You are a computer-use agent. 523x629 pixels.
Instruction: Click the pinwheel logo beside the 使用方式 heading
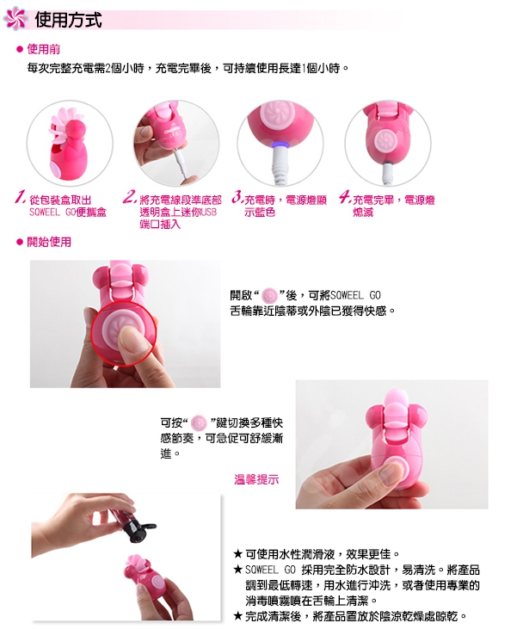pyautogui.click(x=15, y=18)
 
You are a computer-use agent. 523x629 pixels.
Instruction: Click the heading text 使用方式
pyautogui.click(x=68, y=20)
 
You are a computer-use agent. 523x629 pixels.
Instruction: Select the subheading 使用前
pyautogui.click(x=43, y=49)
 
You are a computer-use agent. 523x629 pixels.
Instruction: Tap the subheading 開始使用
pyautogui.click(x=49, y=242)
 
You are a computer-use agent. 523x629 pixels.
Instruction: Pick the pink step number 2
pyautogui.click(x=130, y=196)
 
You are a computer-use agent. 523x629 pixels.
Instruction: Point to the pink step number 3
pyautogui.click(x=237, y=197)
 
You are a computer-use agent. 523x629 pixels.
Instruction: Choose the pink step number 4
pyautogui.click(x=345, y=196)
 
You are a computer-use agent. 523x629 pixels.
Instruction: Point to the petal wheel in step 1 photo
pyautogui.click(x=60, y=125)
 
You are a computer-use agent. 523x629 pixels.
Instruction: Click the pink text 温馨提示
pyautogui.click(x=256, y=479)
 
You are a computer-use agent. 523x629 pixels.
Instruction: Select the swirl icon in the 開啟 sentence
pyautogui.click(x=269, y=296)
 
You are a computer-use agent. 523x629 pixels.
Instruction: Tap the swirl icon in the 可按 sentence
pyautogui.click(x=199, y=422)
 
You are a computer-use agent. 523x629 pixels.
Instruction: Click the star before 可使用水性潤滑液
pyautogui.click(x=237, y=554)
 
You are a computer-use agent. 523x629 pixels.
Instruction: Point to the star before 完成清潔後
pyautogui.click(x=237, y=616)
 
